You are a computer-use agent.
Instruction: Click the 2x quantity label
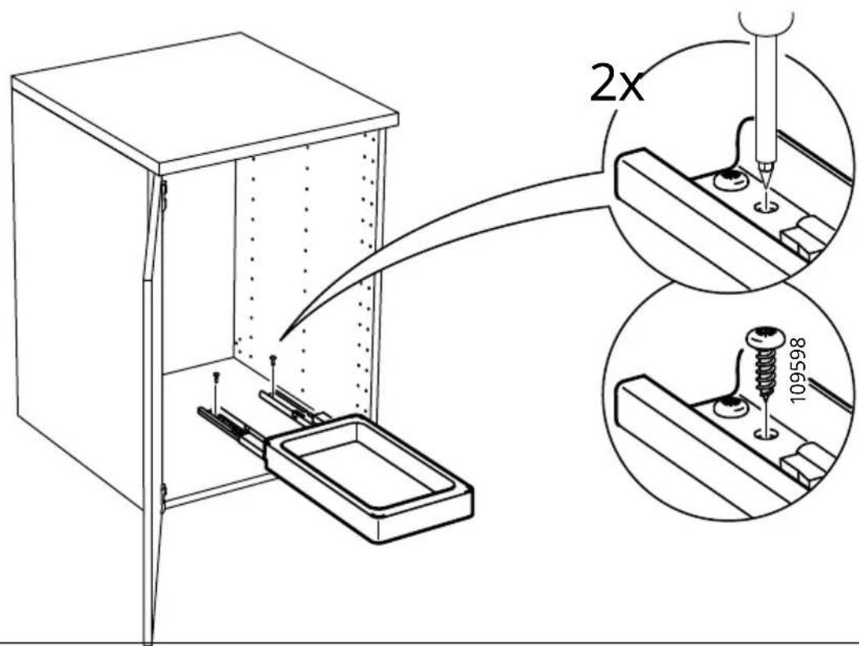point(616,83)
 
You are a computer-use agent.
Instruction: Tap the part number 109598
point(799,369)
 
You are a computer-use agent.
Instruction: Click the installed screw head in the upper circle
point(732,179)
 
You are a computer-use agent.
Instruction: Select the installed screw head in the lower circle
point(730,408)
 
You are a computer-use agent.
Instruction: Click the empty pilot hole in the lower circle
point(766,435)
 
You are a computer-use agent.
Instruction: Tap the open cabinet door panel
point(153,406)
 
